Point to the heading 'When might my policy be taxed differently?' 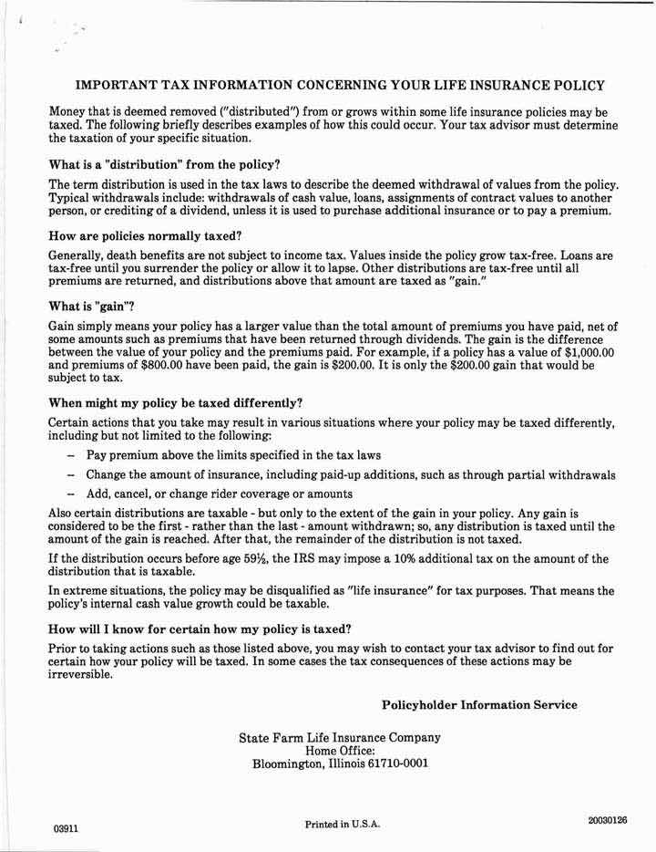click(x=175, y=402)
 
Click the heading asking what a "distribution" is click(x=164, y=165)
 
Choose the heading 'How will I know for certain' click(x=200, y=629)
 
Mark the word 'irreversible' click(x=81, y=675)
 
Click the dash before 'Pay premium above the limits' click(x=70, y=454)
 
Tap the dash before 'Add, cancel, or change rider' click(x=70, y=494)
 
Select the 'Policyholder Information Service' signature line click(x=479, y=705)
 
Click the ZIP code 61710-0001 click(x=394, y=764)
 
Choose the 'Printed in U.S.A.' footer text click(x=343, y=824)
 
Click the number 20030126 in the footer click(x=608, y=820)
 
